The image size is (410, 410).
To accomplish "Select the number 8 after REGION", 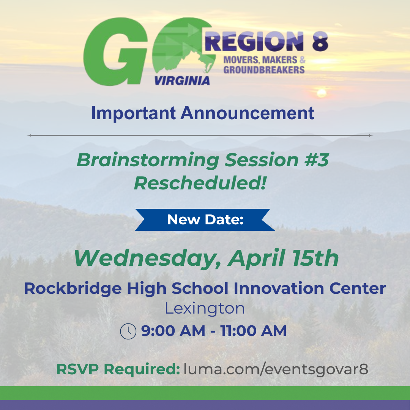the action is [320, 41].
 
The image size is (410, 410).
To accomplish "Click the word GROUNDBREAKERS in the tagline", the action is [264, 70].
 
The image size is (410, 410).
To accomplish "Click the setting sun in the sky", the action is [322, 93].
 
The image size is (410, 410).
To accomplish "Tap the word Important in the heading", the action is [133, 114].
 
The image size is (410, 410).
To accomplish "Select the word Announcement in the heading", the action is [247, 113].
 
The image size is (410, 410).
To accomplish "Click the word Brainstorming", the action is [148, 160].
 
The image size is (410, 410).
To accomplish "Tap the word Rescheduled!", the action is [200, 183].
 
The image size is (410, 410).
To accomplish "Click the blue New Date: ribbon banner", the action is [205, 220].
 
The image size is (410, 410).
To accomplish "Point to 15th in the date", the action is [315, 258].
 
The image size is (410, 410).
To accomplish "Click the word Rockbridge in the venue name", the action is [73, 288].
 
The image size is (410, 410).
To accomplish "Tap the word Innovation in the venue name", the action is [279, 288].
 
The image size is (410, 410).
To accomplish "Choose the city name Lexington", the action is [205, 309].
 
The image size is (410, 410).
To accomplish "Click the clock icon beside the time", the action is [128, 331].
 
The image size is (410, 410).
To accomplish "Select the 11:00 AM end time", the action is [254, 331].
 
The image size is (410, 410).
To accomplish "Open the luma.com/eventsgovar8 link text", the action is [276, 369].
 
